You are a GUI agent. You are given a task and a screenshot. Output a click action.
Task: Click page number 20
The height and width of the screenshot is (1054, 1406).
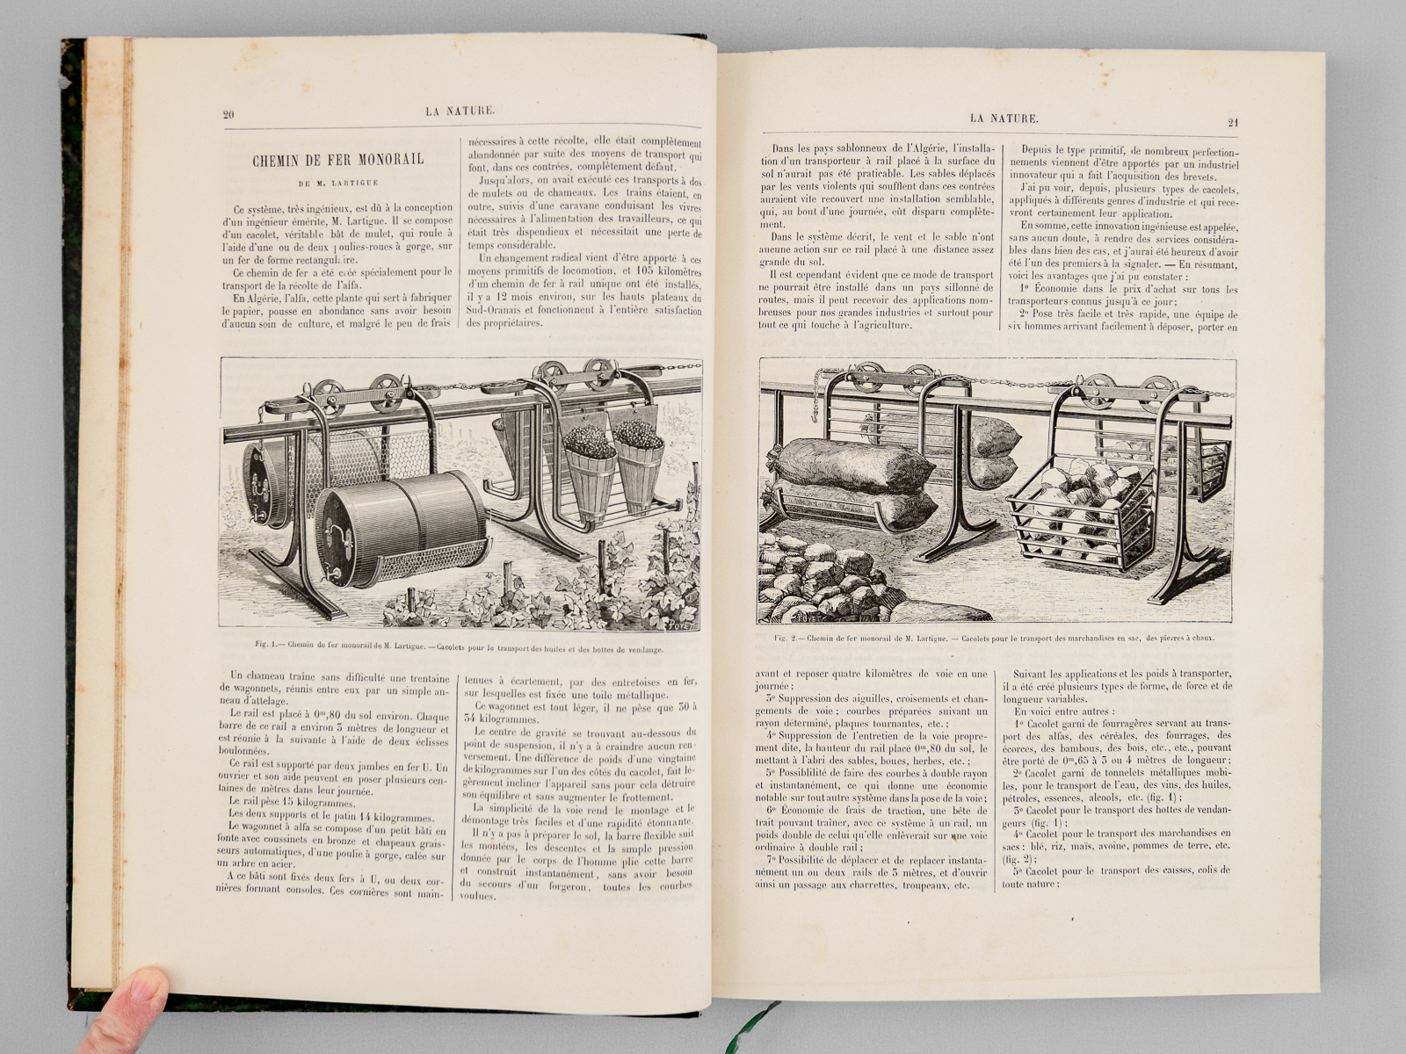(x=228, y=112)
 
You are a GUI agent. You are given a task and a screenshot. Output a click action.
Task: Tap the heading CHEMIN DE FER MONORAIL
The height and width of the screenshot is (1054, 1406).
(x=337, y=159)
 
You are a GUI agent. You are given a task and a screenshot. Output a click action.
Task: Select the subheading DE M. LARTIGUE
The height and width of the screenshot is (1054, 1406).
(x=337, y=184)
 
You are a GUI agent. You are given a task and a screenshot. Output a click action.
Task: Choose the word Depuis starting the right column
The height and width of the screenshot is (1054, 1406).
(x=1037, y=151)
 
